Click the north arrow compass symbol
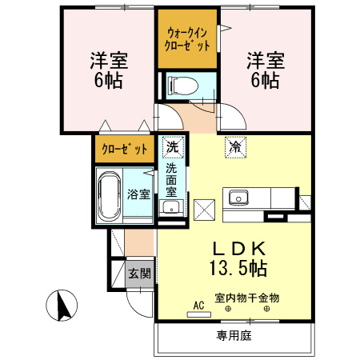tap(58, 306)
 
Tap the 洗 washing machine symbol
tap(171, 147)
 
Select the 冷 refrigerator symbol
tap(235, 147)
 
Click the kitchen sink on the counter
tap(238, 197)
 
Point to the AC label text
tap(198, 304)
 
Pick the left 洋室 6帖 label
tap(107, 70)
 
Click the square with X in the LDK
tap(205, 210)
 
